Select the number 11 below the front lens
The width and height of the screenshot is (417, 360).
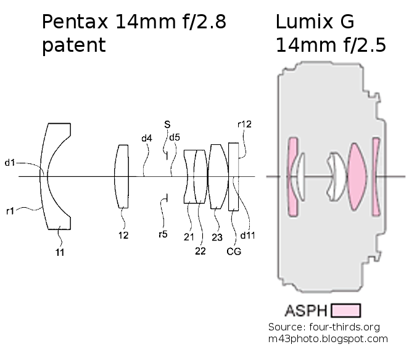click(60, 252)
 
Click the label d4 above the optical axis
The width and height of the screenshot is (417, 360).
click(146, 139)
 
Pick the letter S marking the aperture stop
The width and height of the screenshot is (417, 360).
click(167, 125)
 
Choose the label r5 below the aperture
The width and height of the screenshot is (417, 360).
click(163, 234)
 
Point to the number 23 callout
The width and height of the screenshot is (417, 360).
click(218, 236)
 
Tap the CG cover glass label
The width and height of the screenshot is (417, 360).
click(234, 252)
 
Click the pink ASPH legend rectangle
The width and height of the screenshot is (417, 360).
click(345, 309)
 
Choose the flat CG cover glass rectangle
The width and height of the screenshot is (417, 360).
click(233, 176)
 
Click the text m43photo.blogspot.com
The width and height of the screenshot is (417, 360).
click(328, 338)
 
